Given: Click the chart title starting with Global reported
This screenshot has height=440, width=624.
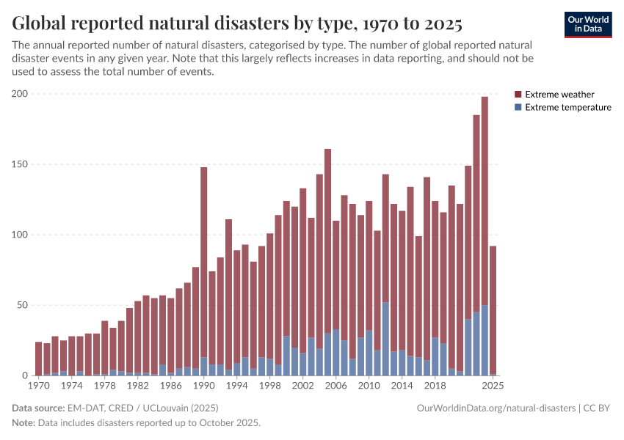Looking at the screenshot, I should point(237,24).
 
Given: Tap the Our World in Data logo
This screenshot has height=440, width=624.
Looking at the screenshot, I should point(587,24).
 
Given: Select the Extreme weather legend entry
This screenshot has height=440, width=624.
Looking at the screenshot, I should point(559,95).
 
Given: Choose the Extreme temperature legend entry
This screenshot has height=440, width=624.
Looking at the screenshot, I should point(567,107).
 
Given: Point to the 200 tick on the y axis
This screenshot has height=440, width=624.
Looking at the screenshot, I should point(19,94).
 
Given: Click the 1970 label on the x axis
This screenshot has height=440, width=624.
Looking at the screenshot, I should point(38,385).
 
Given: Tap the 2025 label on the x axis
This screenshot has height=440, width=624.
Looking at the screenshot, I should point(493,385).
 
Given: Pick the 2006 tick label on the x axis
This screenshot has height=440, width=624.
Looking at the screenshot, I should point(335,385).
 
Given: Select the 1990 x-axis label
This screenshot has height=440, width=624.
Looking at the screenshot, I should point(203,385).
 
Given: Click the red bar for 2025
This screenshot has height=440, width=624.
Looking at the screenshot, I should point(493,308).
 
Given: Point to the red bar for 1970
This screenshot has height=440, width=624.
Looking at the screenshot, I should point(38,359).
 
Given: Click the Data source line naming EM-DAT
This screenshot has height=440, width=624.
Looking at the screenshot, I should point(115,408).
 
